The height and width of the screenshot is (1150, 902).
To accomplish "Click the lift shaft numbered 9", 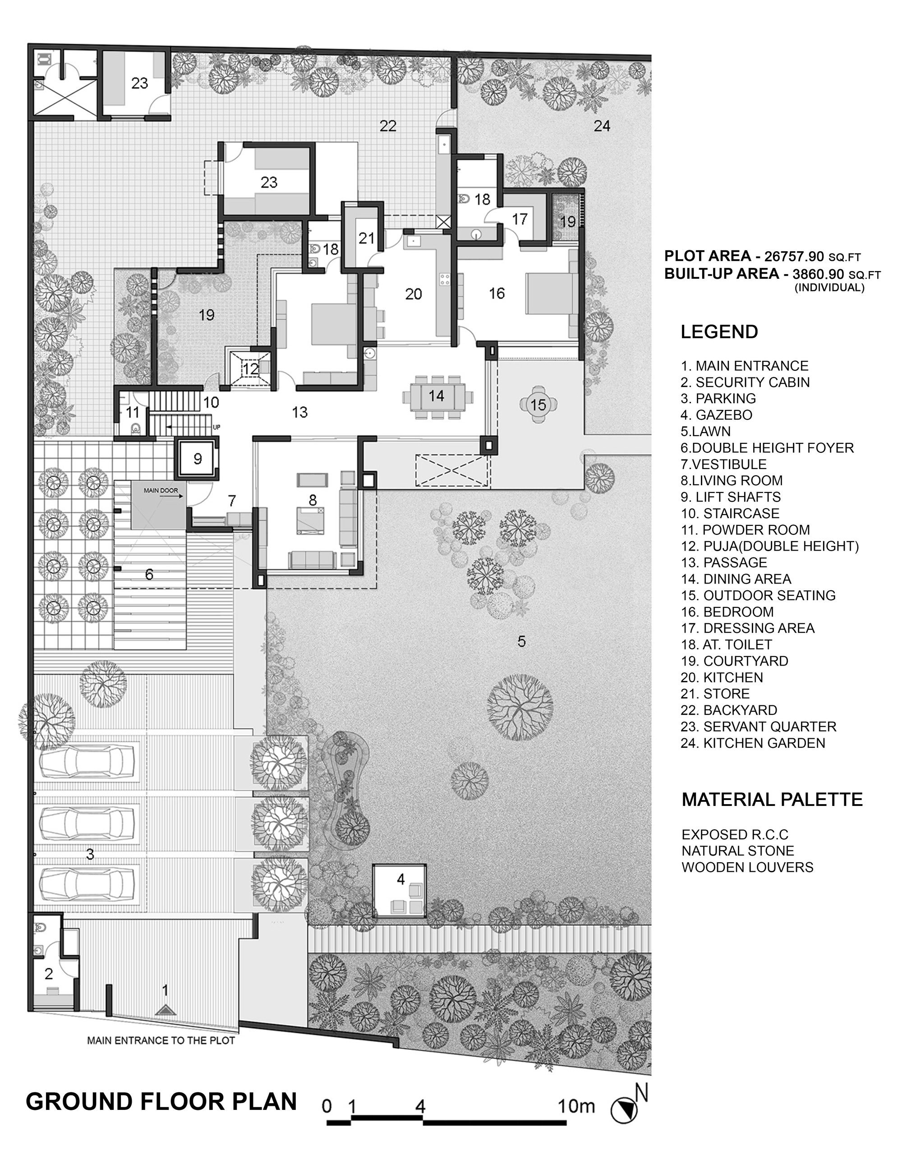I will coord(198,458).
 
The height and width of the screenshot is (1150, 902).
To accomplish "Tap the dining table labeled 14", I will coord(437,396).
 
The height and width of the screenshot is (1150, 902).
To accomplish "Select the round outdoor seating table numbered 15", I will coord(538,405).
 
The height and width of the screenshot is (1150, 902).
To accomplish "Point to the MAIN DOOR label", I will coord(161,491).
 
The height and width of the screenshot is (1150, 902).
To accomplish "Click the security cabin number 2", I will coord(49,974).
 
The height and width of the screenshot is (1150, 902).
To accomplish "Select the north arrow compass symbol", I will coord(624,1108).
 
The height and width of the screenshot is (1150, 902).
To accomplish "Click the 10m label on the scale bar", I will coord(577,1106).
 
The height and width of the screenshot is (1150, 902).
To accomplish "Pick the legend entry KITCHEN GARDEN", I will coord(753,743).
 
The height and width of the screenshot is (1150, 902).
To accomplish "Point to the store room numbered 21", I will coord(367,238).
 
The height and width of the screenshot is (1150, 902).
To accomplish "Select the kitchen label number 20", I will coord(414,294).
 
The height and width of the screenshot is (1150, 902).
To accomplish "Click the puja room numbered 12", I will coord(251,368).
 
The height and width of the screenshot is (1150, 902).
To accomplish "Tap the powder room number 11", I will coord(132,412).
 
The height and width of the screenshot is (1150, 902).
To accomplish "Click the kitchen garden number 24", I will coord(602,126).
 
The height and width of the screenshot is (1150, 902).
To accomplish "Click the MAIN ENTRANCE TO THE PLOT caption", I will coord(161,1040).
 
